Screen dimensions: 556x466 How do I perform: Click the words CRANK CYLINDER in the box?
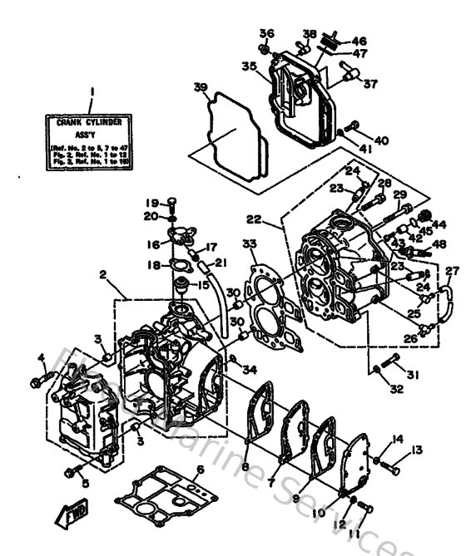pos(93,122)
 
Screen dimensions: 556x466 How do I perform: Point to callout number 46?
pos(359,40)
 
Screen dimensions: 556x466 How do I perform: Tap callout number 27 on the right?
pos(452,271)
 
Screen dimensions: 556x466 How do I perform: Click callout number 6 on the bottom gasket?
pos(199,470)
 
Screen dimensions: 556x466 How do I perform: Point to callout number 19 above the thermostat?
pos(152,203)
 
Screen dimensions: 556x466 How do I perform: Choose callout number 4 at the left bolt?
pos(40,358)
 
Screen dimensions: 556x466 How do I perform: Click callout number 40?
pos(381,140)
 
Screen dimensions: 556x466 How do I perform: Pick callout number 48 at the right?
pos(439,244)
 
